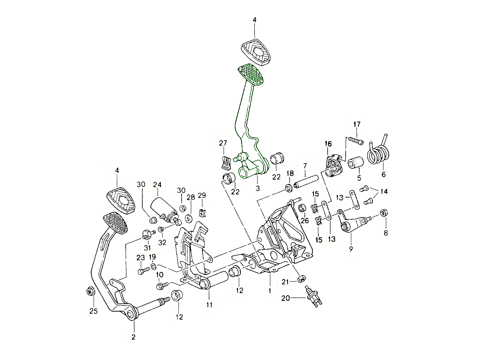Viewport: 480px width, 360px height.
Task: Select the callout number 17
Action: click(x=357, y=124)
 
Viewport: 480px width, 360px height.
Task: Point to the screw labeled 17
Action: click(x=355, y=140)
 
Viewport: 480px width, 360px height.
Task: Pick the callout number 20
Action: click(x=286, y=298)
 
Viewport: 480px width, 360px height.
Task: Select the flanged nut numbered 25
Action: click(x=90, y=292)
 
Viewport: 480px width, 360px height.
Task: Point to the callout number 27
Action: click(x=223, y=143)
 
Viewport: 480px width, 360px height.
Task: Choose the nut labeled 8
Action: click(x=383, y=212)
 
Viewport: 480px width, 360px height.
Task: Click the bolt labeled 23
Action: click(x=142, y=271)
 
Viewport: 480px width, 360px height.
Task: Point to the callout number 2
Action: click(x=134, y=337)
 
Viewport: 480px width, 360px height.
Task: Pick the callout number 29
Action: click(x=202, y=195)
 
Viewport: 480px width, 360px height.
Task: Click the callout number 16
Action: click(x=328, y=144)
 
